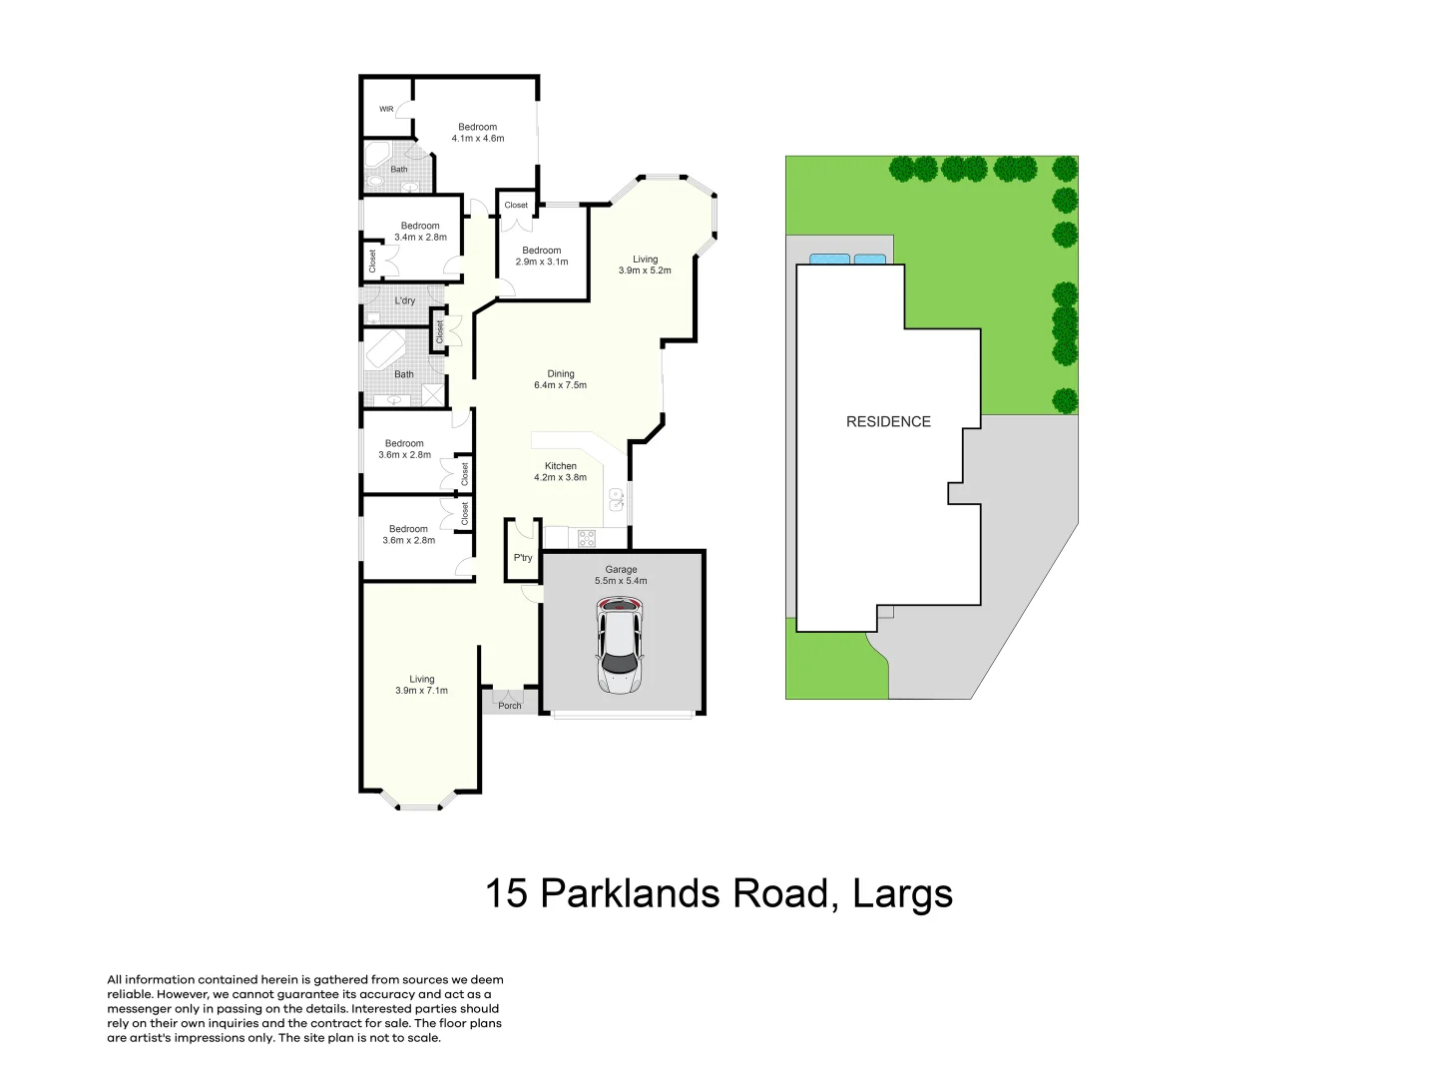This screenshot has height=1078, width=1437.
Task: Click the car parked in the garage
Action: click(x=621, y=645)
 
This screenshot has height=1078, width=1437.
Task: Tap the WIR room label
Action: click(x=386, y=109)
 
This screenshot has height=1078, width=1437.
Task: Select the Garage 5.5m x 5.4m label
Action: click(x=621, y=575)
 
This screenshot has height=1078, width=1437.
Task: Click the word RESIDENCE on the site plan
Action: click(x=888, y=422)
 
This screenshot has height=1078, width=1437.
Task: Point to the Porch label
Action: click(x=510, y=706)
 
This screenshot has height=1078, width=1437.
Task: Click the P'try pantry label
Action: click(x=523, y=558)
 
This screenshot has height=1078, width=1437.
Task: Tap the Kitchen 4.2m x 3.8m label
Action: click(x=560, y=472)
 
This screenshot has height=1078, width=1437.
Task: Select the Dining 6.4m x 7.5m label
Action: click(x=560, y=379)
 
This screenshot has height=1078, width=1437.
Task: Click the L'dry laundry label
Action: click(x=405, y=300)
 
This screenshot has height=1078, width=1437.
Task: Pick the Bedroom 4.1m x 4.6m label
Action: click(x=478, y=133)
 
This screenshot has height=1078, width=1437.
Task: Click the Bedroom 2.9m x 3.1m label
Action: click(x=542, y=257)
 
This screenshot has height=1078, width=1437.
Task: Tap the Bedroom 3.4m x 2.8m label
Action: click(x=420, y=232)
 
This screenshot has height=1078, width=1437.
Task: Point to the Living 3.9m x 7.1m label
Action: click(x=421, y=685)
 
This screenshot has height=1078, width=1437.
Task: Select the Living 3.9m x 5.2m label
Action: click(x=645, y=265)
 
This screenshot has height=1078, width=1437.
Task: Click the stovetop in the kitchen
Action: click(x=587, y=539)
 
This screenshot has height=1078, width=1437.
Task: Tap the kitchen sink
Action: click(x=617, y=499)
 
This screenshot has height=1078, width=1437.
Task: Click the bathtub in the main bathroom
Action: click(x=384, y=349)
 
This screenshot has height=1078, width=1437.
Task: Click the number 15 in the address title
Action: click(x=506, y=893)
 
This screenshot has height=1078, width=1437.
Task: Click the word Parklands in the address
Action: click(x=633, y=893)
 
